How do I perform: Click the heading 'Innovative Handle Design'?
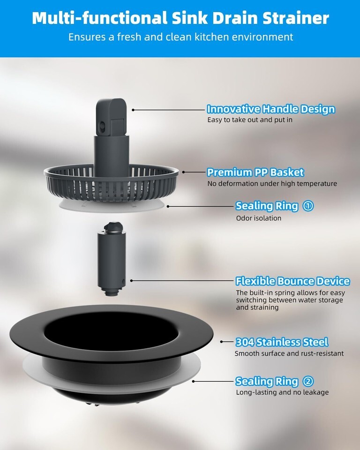click(271, 109)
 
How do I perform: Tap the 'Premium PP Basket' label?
click(255, 172)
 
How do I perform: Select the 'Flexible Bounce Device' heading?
click(293, 281)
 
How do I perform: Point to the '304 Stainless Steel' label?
click(282, 342)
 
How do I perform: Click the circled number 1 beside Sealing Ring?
click(308, 206)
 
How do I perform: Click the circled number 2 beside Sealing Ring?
click(308, 382)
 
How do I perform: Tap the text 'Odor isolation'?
click(259, 218)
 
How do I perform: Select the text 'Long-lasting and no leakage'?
click(282, 392)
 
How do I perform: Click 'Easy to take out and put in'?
click(250, 120)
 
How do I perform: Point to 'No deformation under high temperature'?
click(272, 184)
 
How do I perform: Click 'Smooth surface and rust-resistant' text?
click(289, 353)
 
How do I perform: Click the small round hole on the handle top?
click(101, 125)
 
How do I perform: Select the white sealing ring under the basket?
click(112, 207)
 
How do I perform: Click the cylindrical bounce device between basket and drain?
click(112, 259)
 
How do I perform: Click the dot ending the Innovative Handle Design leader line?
click(133, 110)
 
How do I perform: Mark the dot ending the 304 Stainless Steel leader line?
click(222, 342)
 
